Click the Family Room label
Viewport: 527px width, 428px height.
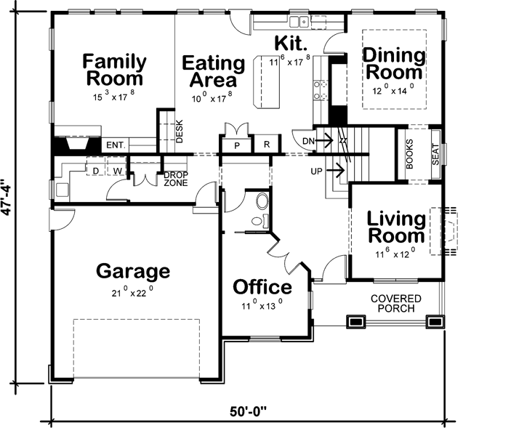(x=113, y=70)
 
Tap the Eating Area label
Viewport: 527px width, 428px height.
(x=212, y=70)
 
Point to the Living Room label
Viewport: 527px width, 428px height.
(x=395, y=227)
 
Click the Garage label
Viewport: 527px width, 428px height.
(x=133, y=272)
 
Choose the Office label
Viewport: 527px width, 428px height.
(x=262, y=287)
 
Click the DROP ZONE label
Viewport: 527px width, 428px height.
(x=175, y=179)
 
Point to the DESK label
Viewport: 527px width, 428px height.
(x=180, y=130)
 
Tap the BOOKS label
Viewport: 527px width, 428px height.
(x=410, y=154)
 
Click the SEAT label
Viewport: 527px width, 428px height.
(x=435, y=154)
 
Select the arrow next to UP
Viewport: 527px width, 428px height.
(x=335, y=171)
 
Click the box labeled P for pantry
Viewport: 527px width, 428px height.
(x=237, y=145)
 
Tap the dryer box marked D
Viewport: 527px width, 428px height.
(x=94, y=171)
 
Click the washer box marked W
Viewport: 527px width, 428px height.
(x=116, y=171)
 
